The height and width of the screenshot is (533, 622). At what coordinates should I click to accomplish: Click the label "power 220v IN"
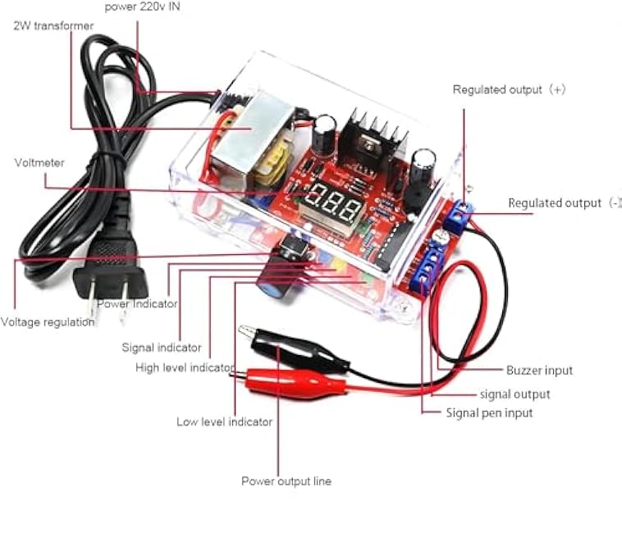142,7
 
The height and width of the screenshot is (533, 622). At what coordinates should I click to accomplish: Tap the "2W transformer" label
53,25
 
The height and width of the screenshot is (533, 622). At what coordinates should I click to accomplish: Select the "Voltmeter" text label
39,163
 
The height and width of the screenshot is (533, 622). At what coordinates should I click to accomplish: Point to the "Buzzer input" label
539,371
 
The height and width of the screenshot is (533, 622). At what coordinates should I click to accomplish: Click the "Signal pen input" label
489,413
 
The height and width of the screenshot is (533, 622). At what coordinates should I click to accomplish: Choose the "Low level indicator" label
225,421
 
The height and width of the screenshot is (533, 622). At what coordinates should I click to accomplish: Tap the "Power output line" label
286,481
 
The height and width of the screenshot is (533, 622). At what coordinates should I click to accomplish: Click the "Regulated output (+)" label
509,89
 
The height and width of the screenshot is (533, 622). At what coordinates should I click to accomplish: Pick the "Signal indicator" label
162,348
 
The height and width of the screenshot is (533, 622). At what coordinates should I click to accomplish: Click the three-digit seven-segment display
332,206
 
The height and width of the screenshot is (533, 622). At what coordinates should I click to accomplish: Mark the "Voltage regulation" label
48,322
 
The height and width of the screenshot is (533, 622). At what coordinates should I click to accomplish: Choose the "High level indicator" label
185,367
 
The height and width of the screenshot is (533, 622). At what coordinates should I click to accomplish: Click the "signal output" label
515,394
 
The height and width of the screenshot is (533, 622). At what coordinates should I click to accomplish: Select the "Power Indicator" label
137,304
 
